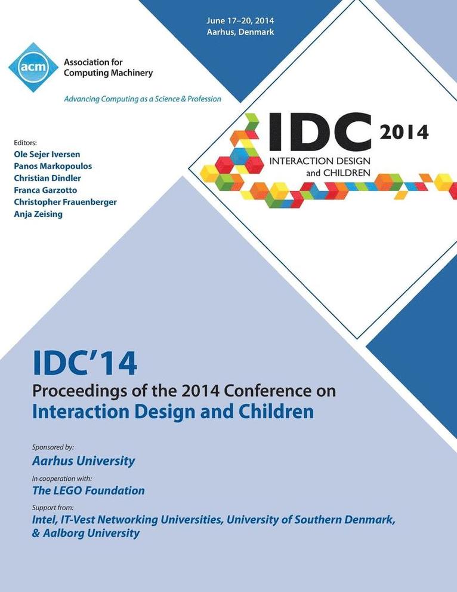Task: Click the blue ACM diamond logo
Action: pyautogui.click(x=33, y=67)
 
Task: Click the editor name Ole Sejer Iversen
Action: pyautogui.click(x=47, y=155)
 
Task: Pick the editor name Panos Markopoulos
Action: pyautogui.click(x=53, y=166)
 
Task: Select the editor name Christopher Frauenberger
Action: pyautogui.click(x=65, y=202)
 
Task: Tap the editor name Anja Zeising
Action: pyautogui.click(x=38, y=214)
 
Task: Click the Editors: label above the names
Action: pyautogui.click(x=25, y=142)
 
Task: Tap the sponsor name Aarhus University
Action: pyautogui.click(x=83, y=461)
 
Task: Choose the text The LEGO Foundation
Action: pyautogui.click(x=88, y=490)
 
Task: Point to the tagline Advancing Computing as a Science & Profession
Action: pyautogui.click(x=143, y=99)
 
